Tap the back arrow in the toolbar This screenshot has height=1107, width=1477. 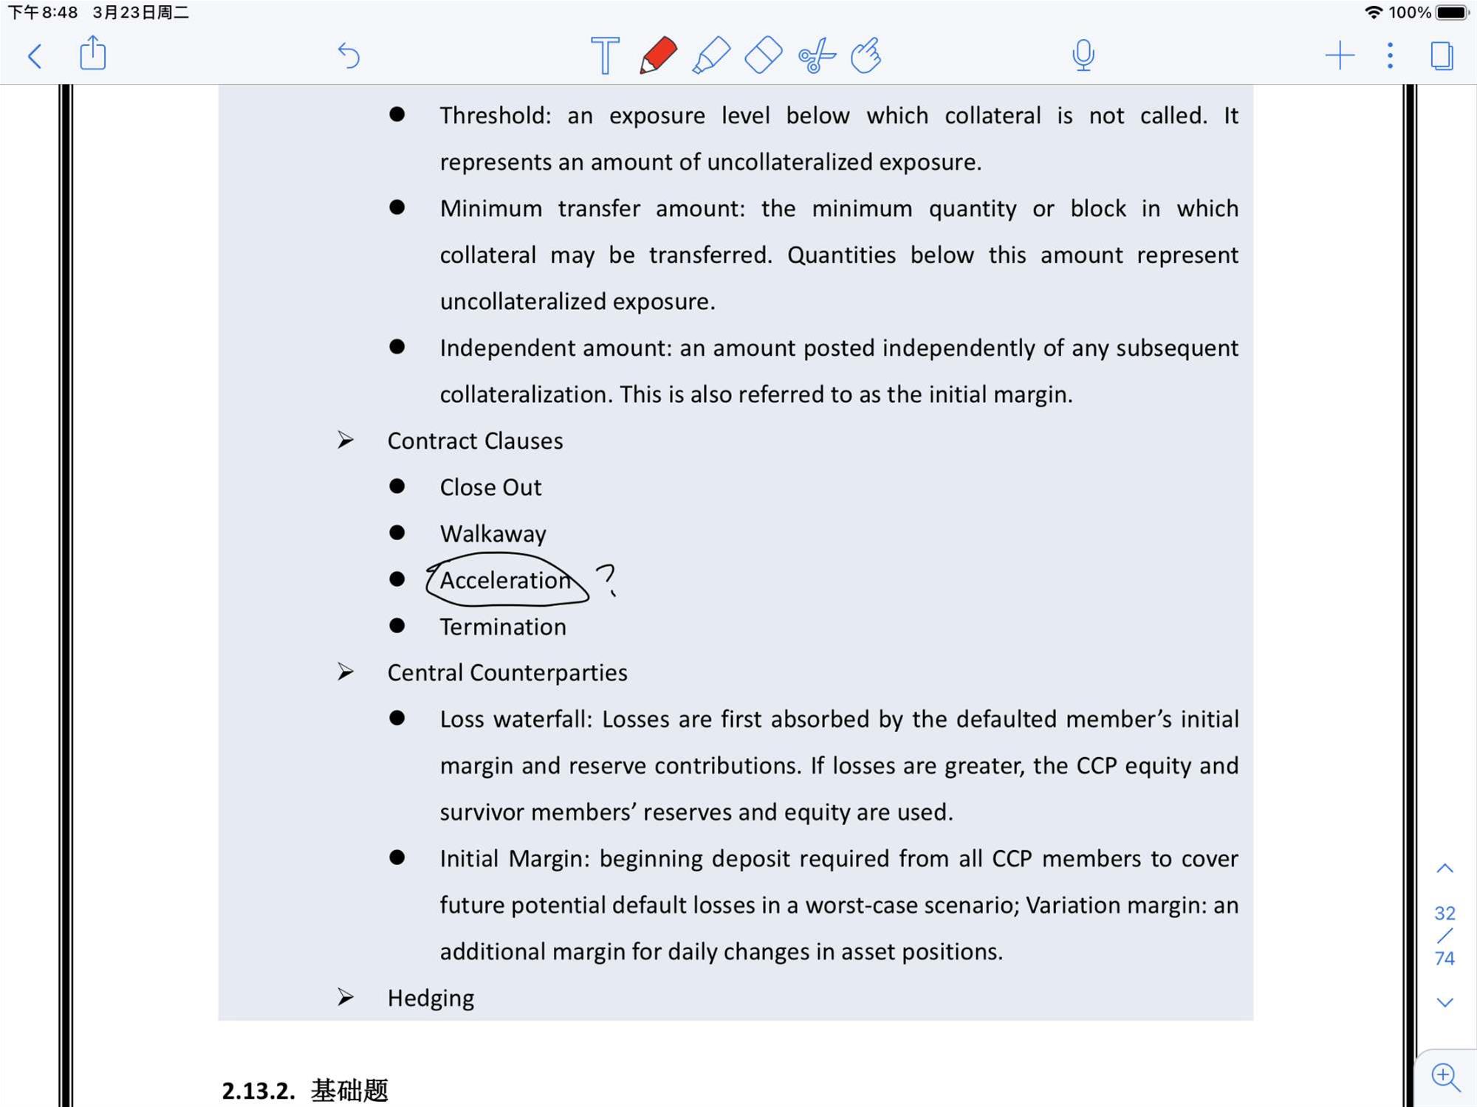(35, 56)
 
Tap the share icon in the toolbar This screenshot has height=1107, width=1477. (92, 54)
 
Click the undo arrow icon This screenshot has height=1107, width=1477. (349, 55)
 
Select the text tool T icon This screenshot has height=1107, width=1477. (605, 55)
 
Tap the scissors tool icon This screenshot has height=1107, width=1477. (816, 56)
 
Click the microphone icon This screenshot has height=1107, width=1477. (1083, 55)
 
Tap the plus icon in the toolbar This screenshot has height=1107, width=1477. (1339, 56)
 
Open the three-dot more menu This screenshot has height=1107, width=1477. (1390, 56)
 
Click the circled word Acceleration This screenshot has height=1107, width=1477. (506, 581)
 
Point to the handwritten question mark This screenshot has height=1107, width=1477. (606, 579)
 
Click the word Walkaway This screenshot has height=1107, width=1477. (493, 534)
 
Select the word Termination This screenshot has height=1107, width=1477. (503, 627)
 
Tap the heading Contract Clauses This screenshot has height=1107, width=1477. (475, 441)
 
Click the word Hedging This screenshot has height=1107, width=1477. (431, 999)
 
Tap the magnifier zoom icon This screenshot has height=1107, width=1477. (1445, 1077)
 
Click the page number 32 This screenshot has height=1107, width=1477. (1445, 914)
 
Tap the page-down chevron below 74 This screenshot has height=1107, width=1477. (1445, 1003)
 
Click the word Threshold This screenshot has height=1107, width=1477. (493, 116)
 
